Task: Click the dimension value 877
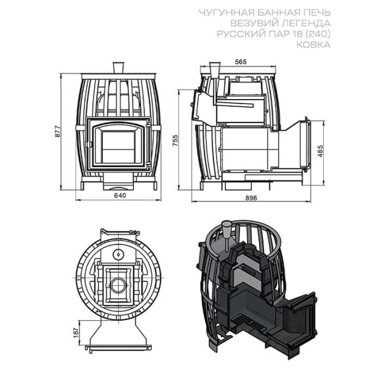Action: coord(58,131)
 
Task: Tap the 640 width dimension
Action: coord(120,196)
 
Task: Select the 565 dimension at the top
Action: coord(241,62)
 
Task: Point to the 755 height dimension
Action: coord(175,140)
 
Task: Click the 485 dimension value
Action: coord(321,151)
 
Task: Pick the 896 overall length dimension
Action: coord(251,197)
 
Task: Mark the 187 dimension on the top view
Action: coord(76,333)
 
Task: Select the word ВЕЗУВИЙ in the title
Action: coord(253,23)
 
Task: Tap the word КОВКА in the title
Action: coord(314,44)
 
